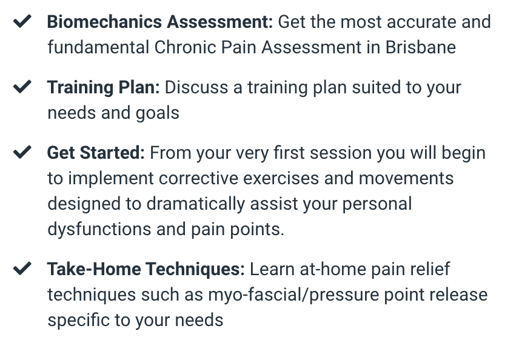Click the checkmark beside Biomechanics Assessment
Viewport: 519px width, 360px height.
click(22, 22)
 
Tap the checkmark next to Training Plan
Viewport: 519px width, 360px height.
click(22, 87)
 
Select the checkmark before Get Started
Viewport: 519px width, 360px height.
click(22, 152)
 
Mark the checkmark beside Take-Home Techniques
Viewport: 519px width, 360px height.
click(22, 268)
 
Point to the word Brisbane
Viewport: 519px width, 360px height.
click(421, 47)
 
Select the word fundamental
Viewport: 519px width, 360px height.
click(98, 47)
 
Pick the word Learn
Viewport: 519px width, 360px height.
click(271, 268)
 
